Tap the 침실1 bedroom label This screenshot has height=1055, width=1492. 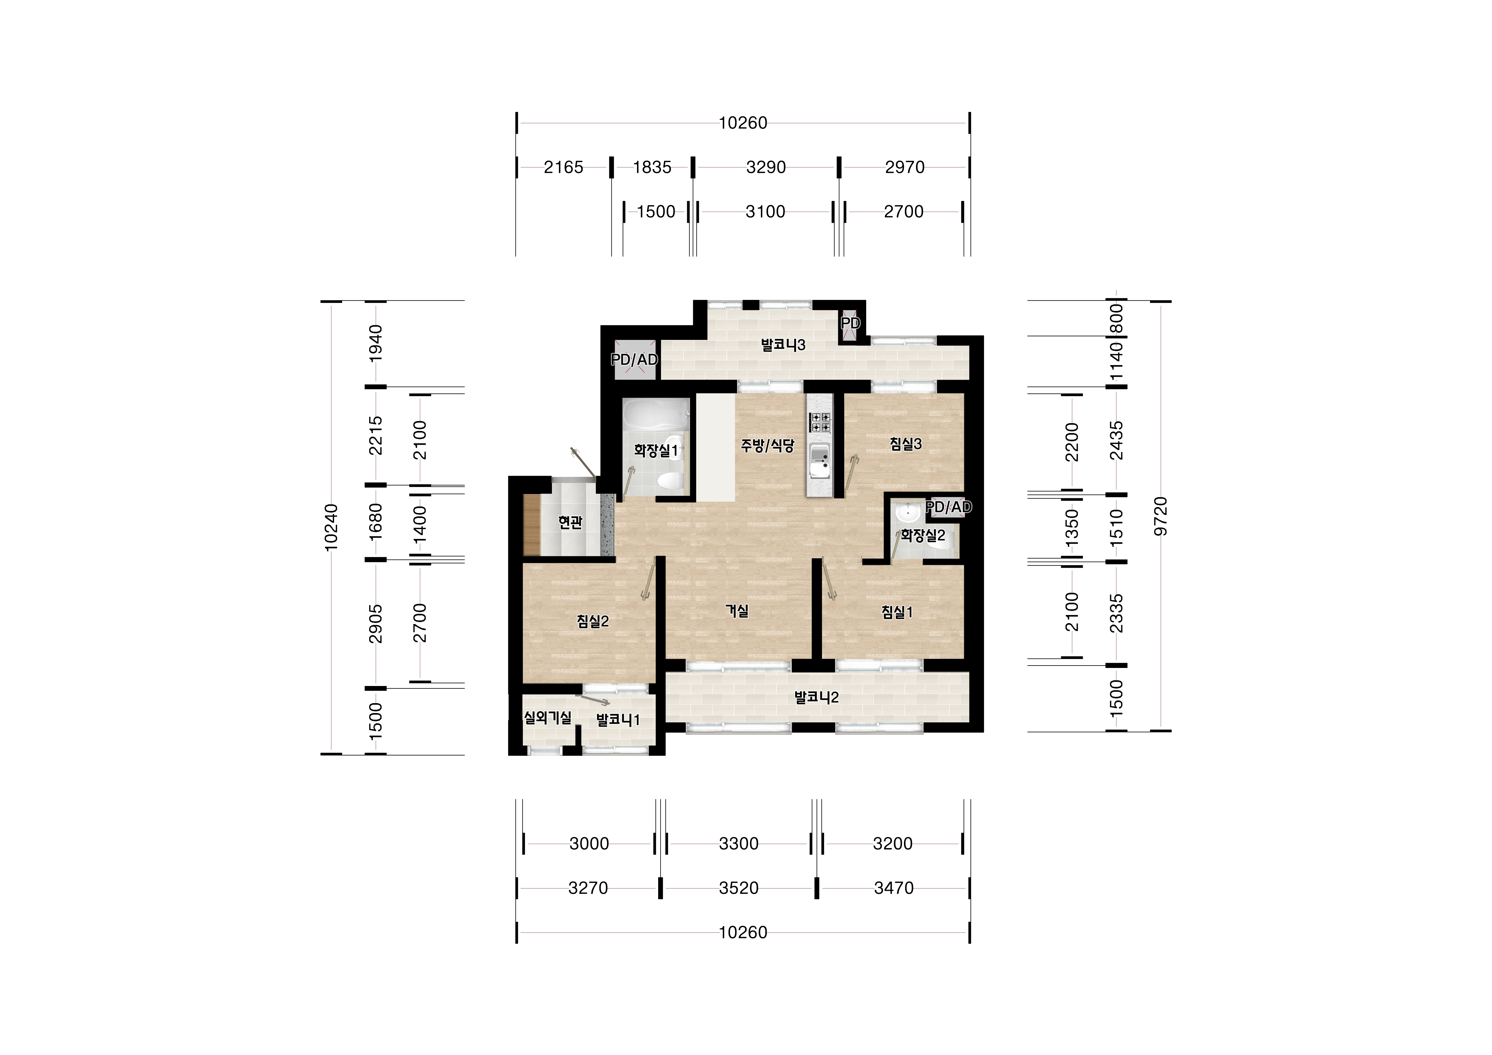[897, 612]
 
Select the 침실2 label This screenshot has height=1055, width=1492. [593, 621]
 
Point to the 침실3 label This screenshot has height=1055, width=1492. [906, 444]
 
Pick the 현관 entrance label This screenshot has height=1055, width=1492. [571, 522]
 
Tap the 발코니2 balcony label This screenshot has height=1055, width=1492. [817, 697]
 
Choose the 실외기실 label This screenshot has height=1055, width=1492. [548, 718]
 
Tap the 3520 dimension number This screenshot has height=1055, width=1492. [739, 888]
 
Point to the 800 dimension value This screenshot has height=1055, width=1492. [1117, 318]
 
